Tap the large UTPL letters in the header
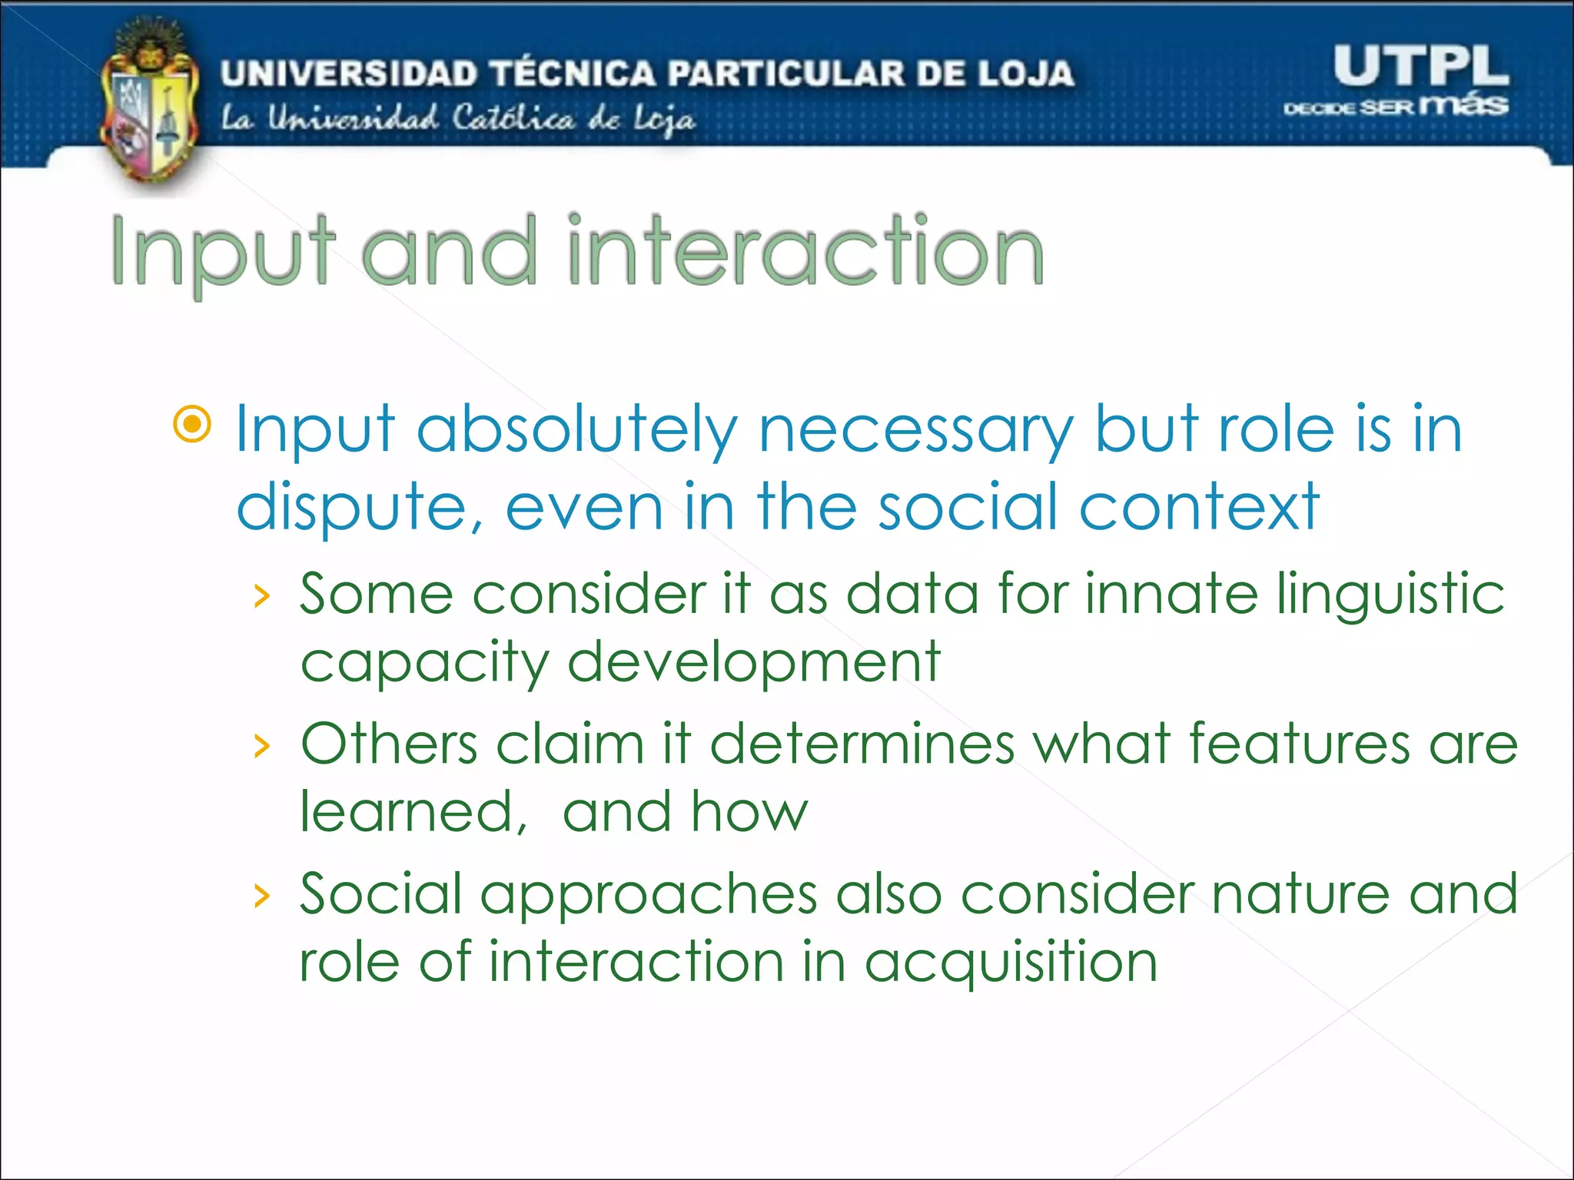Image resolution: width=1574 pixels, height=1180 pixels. [x=1420, y=66]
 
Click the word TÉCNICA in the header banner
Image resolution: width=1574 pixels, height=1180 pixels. [x=573, y=74]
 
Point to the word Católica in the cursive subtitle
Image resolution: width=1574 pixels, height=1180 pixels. [x=513, y=118]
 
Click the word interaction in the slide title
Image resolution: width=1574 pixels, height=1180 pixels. [x=805, y=250]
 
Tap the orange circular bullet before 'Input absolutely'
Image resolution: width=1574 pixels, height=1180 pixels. [x=192, y=424]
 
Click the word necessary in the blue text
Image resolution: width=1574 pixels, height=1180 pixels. [x=915, y=430]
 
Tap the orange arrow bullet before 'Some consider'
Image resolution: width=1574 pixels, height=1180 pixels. [x=262, y=596]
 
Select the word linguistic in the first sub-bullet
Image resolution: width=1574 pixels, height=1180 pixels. [x=1390, y=595]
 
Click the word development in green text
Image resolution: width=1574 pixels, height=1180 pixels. [x=753, y=663]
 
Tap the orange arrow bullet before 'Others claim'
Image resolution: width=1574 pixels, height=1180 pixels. [x=262, y=745]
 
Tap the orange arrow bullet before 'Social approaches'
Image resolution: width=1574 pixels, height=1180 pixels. [x=262, y=895]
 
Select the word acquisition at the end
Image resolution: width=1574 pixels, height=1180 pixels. [x=1011, y=963]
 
